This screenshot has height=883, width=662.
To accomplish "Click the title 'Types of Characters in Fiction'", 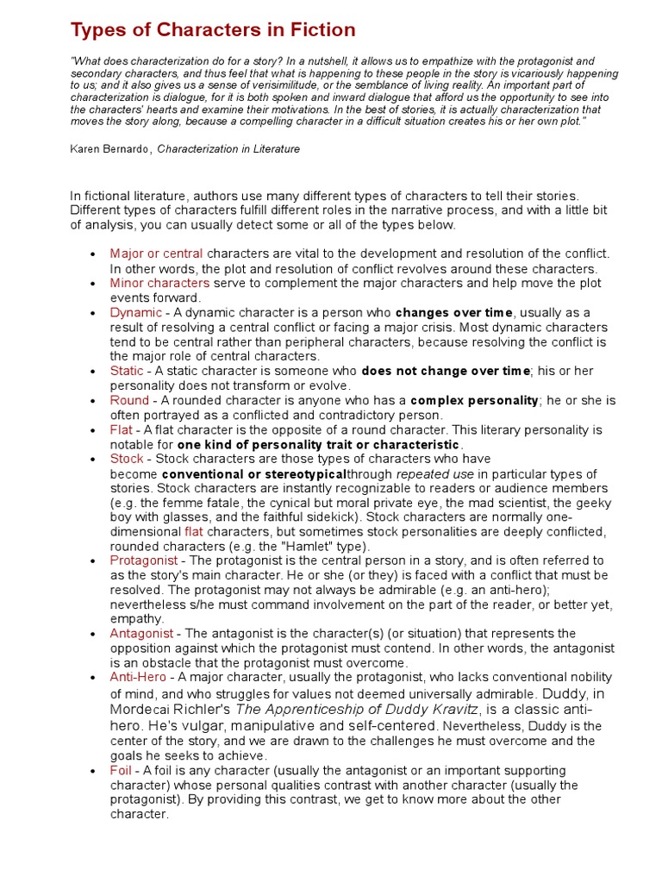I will click(212, 30).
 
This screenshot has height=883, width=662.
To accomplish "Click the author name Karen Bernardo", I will click(110, 149).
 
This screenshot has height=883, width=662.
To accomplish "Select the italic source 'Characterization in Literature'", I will click(228, 149).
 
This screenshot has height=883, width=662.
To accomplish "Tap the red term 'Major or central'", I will click(156, 254).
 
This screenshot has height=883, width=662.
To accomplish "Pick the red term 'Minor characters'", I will click(159, 283).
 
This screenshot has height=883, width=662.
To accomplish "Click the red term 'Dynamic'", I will click(135, 312).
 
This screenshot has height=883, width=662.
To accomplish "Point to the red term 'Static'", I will click(127, 371).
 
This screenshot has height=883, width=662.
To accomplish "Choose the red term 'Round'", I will click(129, 400).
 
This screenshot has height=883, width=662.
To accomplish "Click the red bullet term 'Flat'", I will click(121, 429).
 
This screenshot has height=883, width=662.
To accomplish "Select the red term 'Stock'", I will click(126, 459).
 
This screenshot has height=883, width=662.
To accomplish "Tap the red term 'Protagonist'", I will click(143, 560).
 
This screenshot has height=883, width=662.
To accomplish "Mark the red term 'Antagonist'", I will click(141, 634).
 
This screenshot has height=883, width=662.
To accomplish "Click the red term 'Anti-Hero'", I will click(138, 678).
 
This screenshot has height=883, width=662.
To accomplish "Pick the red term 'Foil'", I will click(121, 770).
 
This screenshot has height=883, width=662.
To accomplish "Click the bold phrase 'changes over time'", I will click(453, 312).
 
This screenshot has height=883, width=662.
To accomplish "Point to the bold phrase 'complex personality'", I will click(474, 400).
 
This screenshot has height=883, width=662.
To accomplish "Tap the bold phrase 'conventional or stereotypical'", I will click(253, 474).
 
